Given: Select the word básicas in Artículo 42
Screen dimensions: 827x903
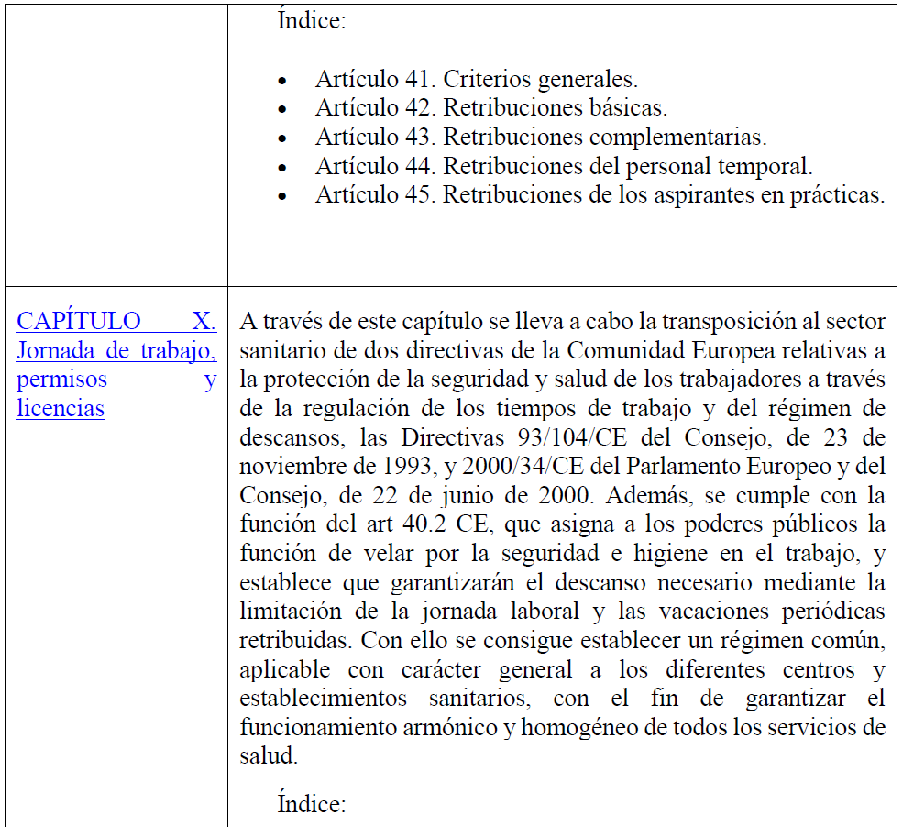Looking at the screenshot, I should point(633,108).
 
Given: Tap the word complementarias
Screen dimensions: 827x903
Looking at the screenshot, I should point(677,138).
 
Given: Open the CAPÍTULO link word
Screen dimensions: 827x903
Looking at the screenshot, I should point(79,321).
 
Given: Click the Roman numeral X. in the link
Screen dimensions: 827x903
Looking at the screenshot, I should point(204,321).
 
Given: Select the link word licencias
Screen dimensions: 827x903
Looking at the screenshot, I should point(61,408).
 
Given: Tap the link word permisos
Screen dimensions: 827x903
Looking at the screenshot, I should point(61,379).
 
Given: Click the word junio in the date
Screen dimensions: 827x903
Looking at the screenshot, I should point(415,495).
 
